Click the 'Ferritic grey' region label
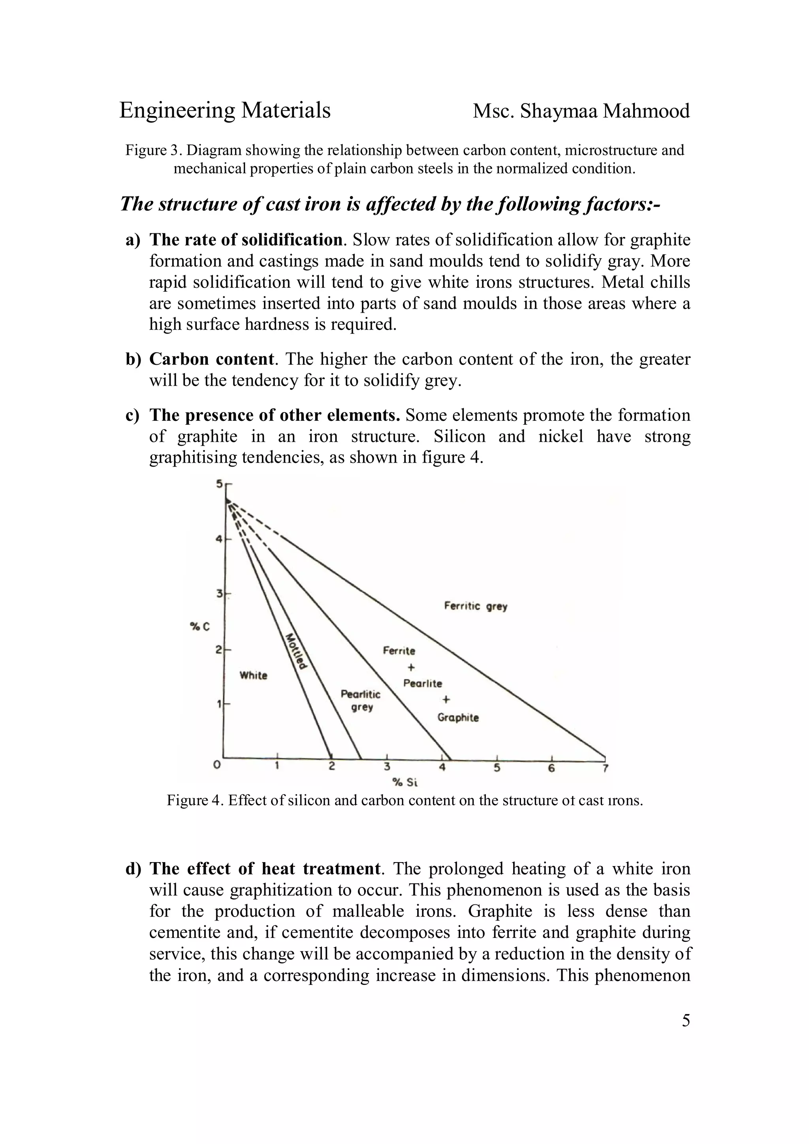[475, 606]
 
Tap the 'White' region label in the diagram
[253, 676]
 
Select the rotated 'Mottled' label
[296, 651]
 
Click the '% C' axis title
[200, 627]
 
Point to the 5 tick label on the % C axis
[219, 483]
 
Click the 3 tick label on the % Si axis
[387, 767]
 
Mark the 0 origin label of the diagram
[216, 765]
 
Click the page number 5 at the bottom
[686, 1021]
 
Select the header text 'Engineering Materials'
[225, 110]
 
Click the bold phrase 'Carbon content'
[211, 359]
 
